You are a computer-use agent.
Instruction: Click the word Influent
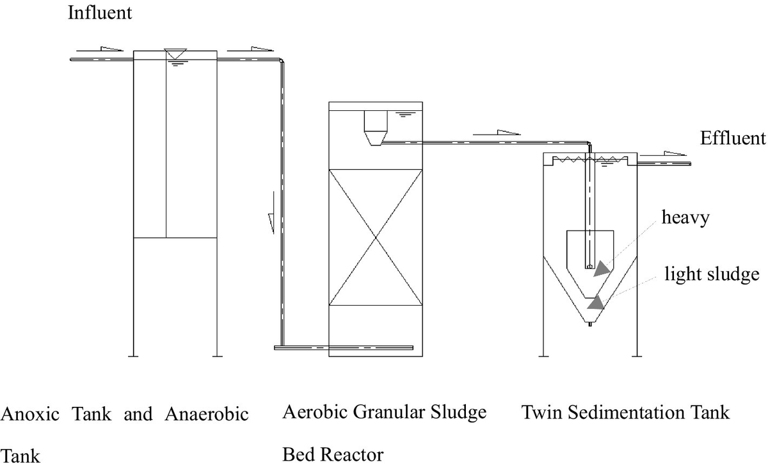(100, 13)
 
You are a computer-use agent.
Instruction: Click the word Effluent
(733, 138)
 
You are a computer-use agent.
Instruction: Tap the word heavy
(685, 218)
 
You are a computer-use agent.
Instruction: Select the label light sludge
(712, 274)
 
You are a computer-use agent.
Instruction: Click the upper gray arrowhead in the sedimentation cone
(602, 268)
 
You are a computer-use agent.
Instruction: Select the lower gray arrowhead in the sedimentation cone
(596, 302)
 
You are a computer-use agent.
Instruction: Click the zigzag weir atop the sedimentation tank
(589, 159)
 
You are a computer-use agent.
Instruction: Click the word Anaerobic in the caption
(206, 414)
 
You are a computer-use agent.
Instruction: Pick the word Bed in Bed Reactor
(298, 454)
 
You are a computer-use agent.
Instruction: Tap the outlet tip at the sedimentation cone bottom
(589, 325)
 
